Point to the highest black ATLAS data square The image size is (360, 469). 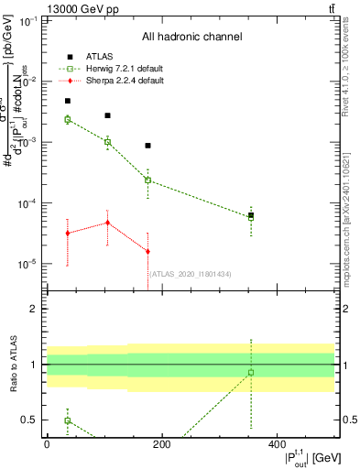pos(68,101)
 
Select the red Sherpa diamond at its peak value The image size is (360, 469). pos(107,223)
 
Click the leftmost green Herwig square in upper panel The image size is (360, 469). pos(68,119)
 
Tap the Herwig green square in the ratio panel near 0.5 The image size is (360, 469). pos(68,420)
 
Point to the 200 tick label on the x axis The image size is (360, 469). pos(161,444)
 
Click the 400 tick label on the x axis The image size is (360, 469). pos(277,444)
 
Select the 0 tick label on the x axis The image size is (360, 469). pos(47,444)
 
